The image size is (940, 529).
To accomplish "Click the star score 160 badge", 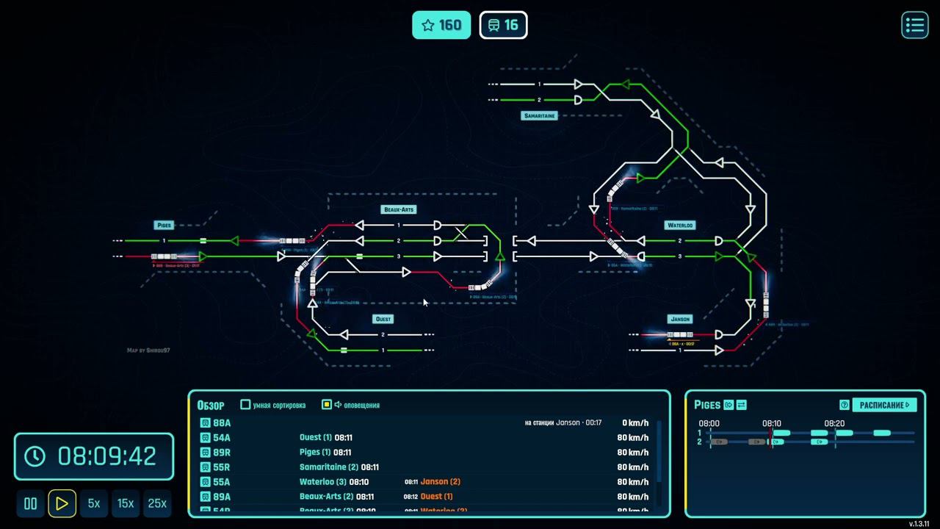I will coord(441,25).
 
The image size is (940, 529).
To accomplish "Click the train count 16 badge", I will coord(503,25).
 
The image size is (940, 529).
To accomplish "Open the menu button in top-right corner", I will coord(914,25).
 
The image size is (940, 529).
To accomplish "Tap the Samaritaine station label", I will coord(540,116).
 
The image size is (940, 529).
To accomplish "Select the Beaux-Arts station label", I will coord(399,209).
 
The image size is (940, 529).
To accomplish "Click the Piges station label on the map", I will coord(164,225).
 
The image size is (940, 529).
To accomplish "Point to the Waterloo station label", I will coord(680,225).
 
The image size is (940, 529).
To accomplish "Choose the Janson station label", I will coord(680,319).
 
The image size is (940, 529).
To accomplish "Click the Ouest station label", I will coord(383,319).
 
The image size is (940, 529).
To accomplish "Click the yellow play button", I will coord(62,503).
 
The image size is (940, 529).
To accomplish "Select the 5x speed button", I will coord(94,503).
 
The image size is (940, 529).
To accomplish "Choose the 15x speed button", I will coord(126,503).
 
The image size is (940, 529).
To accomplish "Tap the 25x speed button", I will coord(157,503).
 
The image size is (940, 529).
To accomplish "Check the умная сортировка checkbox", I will coord(246,404).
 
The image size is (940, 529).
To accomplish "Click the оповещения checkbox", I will coord(327,404).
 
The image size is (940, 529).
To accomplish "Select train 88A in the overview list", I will coord(221,423).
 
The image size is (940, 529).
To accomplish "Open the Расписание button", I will coord(884,404).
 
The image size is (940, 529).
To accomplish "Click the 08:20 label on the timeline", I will coord(834,423).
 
